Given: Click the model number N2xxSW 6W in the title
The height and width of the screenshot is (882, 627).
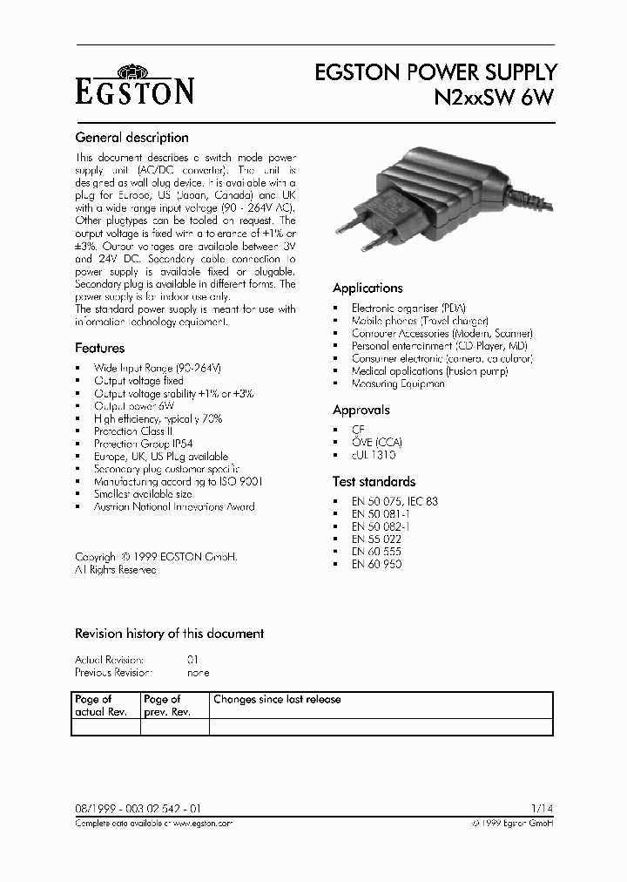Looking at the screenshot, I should (x=494, y=98).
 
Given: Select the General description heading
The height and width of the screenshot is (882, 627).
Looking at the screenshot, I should (x=131, y=137).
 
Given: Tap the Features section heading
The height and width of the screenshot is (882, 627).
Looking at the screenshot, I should (x=99, y=348).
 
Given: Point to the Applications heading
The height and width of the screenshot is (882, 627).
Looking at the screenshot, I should (x=367, y=288).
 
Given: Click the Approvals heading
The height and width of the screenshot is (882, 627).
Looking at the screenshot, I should (x=361, y=410).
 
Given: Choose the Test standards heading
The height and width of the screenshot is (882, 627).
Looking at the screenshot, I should (x=374, y=481).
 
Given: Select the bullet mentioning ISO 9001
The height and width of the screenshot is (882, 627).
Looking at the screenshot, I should (x=179, y=481).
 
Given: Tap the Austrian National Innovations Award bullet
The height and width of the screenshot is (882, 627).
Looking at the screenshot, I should (x=174, y=506).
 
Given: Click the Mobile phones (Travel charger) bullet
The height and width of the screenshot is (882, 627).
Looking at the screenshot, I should (x=420, y=321).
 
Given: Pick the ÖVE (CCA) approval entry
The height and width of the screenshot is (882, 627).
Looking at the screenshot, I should (x=377, y=442).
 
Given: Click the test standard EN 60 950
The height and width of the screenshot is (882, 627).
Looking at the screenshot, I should (x=376, y=564).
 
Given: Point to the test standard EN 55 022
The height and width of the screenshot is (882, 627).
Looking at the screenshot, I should (x=376, y=539).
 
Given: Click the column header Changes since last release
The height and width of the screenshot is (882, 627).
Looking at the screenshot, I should (x=277, y=699).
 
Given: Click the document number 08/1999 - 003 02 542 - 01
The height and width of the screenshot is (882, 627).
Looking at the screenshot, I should (x=139, y=810).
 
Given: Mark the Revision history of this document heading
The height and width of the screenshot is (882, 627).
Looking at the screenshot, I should (x=169, y=634).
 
